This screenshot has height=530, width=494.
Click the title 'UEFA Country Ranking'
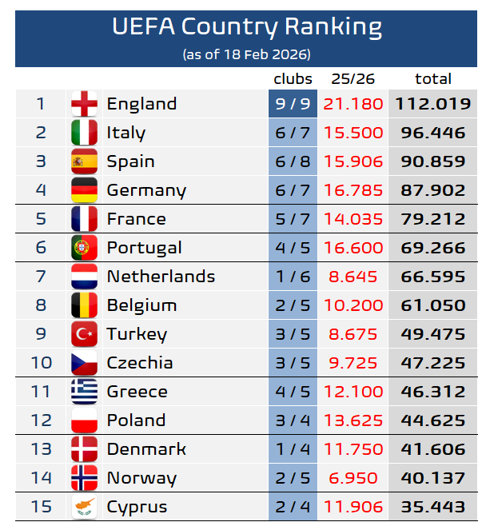point(246,27)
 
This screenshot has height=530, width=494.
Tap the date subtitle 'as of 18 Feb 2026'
point(246,54)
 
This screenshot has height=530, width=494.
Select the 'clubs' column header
point(293,78)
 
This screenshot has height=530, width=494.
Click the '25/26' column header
point(353,78)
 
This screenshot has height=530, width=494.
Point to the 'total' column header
point(433,78)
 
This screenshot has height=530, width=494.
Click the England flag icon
point(84,104)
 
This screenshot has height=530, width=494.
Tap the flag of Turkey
point(84,334)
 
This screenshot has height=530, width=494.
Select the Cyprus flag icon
point(84,507)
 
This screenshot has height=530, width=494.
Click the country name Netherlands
point(161,277)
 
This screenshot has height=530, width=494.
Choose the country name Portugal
point(144,248)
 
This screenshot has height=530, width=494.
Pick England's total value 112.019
point(432,104)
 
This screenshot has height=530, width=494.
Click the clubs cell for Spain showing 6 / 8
point(293,161)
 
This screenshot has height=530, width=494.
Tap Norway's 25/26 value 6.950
point(353,478)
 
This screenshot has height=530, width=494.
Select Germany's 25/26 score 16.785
point(353,190)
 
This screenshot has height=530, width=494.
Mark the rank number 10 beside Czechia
point(42,363)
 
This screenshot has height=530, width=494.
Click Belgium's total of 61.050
point(432,305)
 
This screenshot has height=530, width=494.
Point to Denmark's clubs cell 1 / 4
point(293,449)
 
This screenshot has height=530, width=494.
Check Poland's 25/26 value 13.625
point(353,420)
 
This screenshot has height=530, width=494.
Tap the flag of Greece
point(84,392)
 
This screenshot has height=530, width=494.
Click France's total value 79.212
point(432,219)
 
